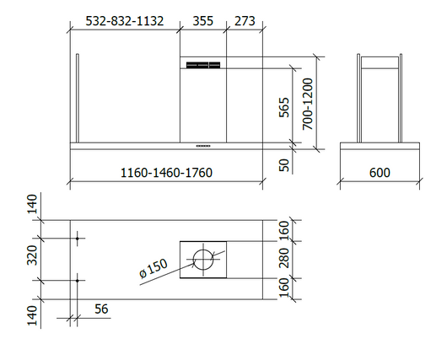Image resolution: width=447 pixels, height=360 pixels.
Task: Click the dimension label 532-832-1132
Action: pos(125,20)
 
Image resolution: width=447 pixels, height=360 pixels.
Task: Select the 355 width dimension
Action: pos(203,20)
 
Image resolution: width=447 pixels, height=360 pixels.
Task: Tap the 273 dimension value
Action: pos(245,20)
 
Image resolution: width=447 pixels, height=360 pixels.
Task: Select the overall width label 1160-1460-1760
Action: pos(165,173)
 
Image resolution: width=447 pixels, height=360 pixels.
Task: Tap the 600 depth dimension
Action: pos(380,173)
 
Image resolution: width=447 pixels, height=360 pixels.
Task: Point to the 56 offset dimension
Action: pos(101,310)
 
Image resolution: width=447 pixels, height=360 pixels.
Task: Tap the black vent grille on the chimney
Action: pos(203,65)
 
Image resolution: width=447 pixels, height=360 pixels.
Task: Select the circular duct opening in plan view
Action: pos(203,259)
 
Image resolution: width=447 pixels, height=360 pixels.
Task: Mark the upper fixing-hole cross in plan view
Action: pos(78,239)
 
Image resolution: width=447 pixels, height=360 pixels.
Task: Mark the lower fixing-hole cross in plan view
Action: pos(78,279)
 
